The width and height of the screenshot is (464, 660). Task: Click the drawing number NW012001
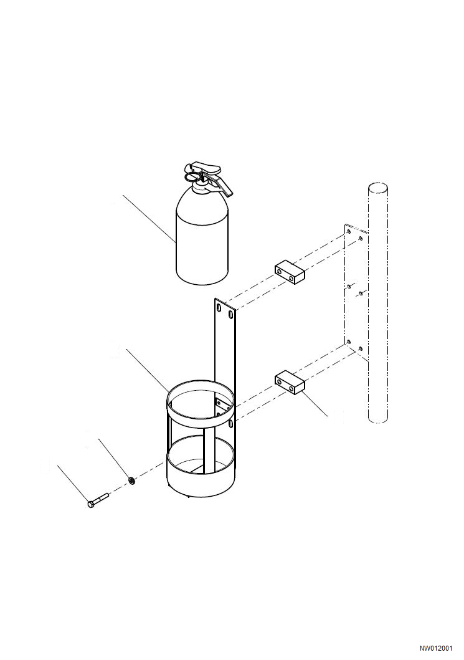pyautogui.click(x=435, y=648)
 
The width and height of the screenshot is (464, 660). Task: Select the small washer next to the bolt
pyautogui.click(x=132, y=480)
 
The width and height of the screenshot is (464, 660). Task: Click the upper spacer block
pyautogui.click(x=289, y=272)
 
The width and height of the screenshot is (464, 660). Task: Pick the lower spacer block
pyautogui.click(x=289, y=383)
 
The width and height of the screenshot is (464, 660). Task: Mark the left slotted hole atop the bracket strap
pyautogui.click(x=219, y=307)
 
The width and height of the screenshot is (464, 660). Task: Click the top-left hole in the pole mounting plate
pyautogui.click(x=348, y=232)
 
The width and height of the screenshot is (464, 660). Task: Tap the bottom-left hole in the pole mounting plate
pyautogui.click(x=349, y=342)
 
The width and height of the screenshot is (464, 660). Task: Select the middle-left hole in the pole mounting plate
pyautogui.click(x=349, y=287)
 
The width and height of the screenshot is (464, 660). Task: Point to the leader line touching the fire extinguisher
pyautogui.click(x=149, y=218)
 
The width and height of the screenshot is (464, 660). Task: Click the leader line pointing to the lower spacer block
pyautogui.click(x=318, y=405)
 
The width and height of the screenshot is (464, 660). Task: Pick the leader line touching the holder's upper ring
pyautogui.click(x=147, y=370)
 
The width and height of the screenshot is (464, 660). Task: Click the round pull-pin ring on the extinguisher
pyautogui.click(x=196, y=180)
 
